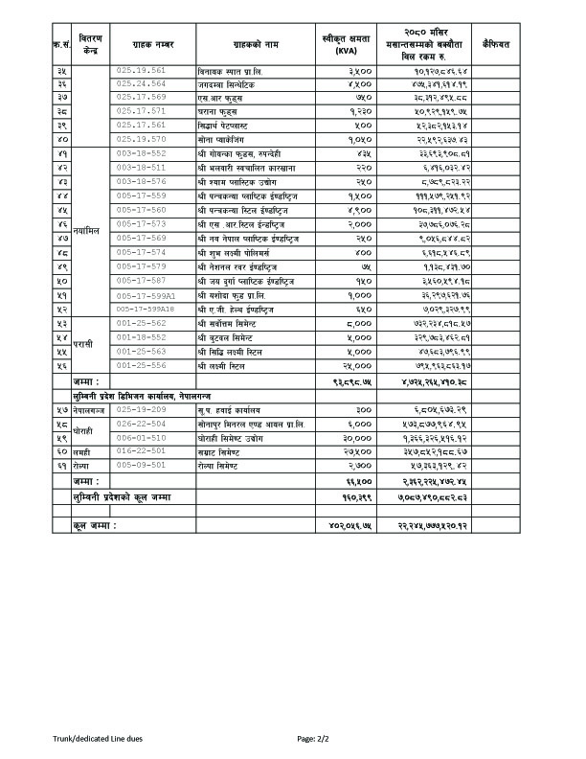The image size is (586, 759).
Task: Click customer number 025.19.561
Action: [140, 70]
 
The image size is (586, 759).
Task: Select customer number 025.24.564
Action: [140, 83]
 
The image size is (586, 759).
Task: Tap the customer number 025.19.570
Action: [140, 138]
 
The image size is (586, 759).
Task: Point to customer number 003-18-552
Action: [140, 152]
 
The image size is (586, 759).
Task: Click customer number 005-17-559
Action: [140, 195]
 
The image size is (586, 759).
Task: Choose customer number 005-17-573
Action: [140, 222]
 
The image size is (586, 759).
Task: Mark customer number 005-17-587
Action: [140, 280]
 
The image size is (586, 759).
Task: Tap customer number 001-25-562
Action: [140, 324]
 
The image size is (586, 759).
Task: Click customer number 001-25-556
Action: [140, 365]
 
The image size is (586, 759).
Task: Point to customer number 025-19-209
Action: [140, 408]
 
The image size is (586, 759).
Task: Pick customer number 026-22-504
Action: [140, 423]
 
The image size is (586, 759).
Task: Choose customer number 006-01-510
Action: [140, 437]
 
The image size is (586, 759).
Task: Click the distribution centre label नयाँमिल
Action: [85, 230]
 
